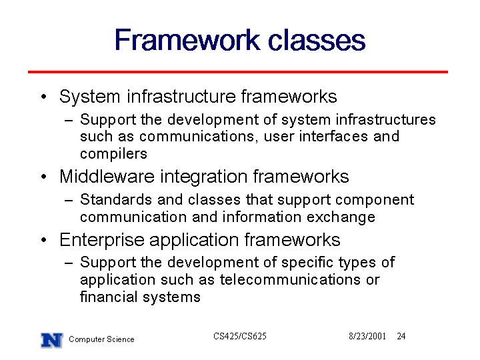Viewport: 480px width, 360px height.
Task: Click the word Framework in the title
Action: point(187,40)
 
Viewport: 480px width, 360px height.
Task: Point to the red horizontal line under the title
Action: point(238,72)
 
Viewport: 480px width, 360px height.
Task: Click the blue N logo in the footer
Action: point(52,340)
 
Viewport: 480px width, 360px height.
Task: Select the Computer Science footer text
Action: point(101,339)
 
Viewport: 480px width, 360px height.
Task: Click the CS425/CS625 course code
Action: point(240,336)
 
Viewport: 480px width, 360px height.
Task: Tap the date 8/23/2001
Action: point(367,336)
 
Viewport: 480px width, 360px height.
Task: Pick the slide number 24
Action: point(401,336)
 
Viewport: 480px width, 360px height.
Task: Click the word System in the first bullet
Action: point(90,97)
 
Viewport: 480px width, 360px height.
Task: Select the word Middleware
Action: point(107,176)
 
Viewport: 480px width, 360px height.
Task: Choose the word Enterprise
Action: point(102,240)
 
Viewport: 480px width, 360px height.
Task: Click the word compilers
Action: point(113,154)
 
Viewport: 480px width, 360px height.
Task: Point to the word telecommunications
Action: point(290,279)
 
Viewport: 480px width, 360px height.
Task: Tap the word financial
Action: point(109,296)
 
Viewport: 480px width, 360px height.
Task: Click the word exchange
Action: point(341,217)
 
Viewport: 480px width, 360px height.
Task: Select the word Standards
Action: point(116,199)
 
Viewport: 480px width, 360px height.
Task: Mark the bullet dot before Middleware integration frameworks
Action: point(44,177)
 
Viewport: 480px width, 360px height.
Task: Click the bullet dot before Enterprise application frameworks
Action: point(44,240)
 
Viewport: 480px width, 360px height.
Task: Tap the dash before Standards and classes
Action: point(69,201)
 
